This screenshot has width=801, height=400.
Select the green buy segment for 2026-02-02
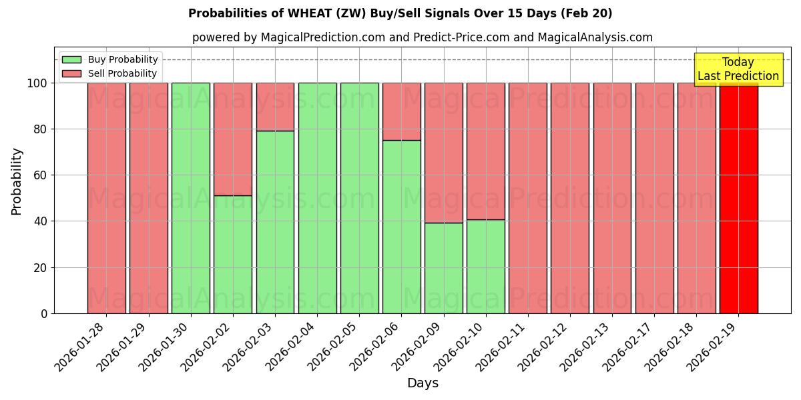click(x=233, y=254)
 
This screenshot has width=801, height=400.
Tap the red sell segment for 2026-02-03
click(x=275, y=107)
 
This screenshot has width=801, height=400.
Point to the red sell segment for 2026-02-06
click(x=402, y=111)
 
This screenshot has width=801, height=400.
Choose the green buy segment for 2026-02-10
click(x=486, y=266)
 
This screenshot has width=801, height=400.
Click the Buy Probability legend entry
click(x=110, y=59)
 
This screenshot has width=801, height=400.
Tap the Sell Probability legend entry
click(x=110, y=73)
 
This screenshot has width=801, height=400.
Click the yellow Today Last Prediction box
click(x=738, y=69)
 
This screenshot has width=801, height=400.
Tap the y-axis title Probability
click(x=17, y=181)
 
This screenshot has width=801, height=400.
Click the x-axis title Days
click(x=423, y=383)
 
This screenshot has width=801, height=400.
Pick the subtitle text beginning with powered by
click(x=423, y=37)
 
